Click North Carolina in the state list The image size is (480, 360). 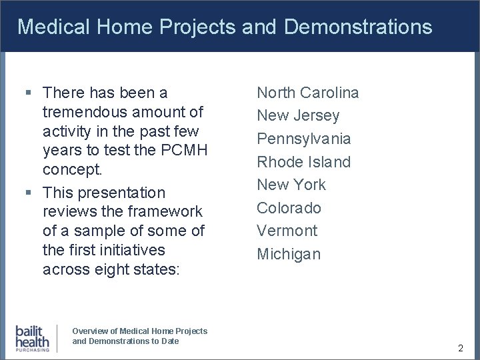[308, 93]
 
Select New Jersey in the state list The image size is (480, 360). [298, 116]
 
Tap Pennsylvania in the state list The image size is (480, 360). [304, 139]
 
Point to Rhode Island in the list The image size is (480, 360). [303, 162]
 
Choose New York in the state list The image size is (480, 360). [291, 185]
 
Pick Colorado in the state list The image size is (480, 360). [289, 208]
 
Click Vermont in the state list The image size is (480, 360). [287, 231]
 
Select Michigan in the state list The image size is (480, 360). [289, 254]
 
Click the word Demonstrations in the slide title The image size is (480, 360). [358, 27]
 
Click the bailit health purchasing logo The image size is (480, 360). [32, 337]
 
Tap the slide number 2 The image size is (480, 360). [461, 348]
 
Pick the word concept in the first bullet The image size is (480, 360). [72, 169]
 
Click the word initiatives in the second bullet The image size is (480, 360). [131, 250]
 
